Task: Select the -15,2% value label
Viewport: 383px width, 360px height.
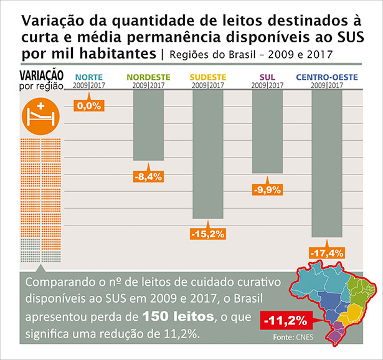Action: pos(207,234)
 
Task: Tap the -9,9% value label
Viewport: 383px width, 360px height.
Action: pos(268,189)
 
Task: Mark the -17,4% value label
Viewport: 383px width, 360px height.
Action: pos(327,253)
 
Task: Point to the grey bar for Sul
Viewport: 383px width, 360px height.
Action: pos(268,131)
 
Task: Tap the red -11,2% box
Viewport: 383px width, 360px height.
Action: pos(285,321)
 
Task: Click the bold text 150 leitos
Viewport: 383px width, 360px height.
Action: pos(177,318)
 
